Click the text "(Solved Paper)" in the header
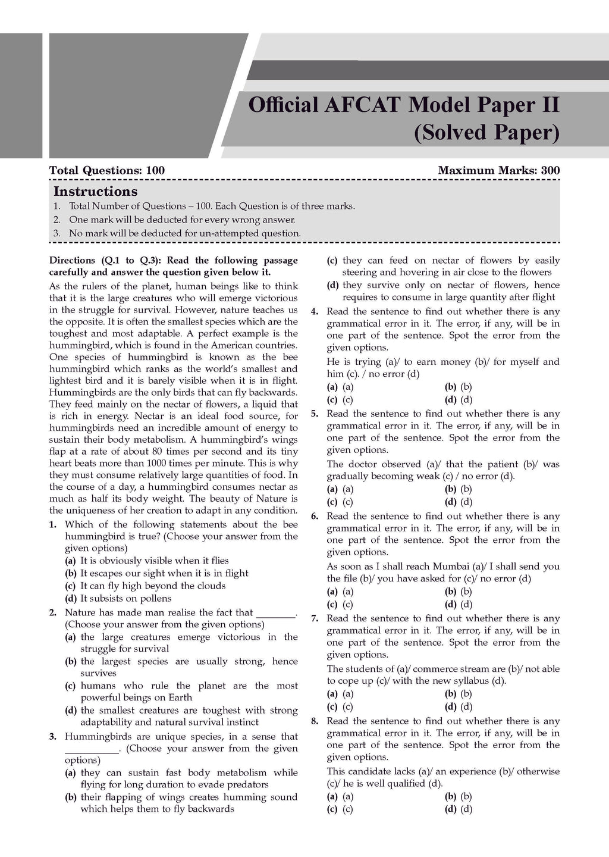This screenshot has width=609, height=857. coord(486,133)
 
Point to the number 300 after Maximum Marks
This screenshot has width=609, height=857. coord(550,171)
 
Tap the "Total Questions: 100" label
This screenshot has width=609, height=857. coord(107,171)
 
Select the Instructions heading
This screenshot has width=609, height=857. coord(95,192)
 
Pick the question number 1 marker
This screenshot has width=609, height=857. coord(53,524)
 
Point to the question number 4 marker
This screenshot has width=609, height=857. coord(315,311)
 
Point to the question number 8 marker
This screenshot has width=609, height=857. coord(315,721)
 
